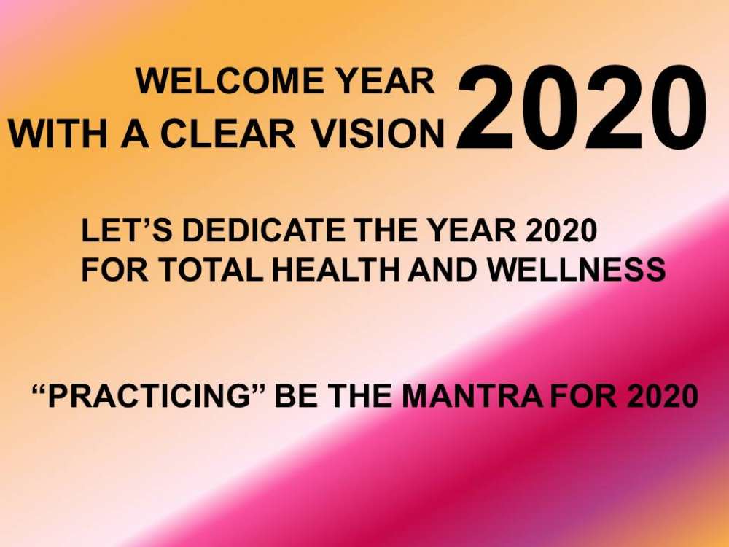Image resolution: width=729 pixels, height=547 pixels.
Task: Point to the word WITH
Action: pos(58,134)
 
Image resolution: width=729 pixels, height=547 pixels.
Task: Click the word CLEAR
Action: pos(227,134)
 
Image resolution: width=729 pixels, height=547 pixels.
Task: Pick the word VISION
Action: pos(378,134)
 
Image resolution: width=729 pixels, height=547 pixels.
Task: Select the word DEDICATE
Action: pos(264,230)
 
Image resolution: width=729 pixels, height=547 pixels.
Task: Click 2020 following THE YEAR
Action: pos(561,230)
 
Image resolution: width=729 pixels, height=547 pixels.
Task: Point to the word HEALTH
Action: pos(335,269)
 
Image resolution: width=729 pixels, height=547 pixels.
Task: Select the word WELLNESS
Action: pos(576,269)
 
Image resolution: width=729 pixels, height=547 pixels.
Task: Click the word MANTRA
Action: pos(472,396)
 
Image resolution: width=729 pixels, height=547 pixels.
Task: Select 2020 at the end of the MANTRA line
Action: pos(663,396)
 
